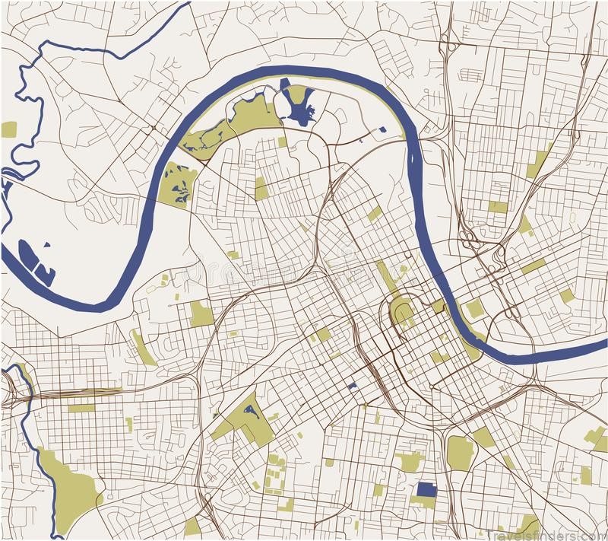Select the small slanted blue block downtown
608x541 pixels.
pos(352,387)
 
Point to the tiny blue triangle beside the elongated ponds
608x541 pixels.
pos(47,246)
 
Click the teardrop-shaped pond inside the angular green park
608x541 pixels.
pos(248,412)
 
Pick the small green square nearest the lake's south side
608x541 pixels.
pos(283,142)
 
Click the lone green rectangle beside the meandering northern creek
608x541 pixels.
pos(9,129)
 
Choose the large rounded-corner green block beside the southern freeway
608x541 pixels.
pos(460,452)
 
